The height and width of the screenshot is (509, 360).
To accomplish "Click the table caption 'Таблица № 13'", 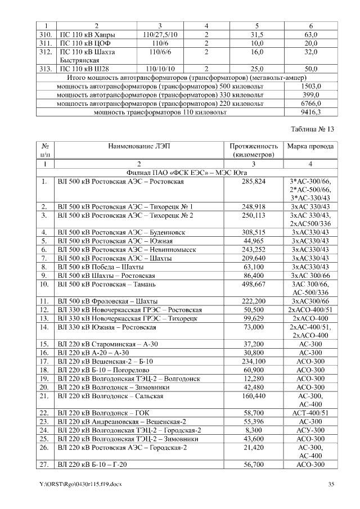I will coord(312,129).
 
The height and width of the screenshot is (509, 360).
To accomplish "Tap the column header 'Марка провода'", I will coord(310,146).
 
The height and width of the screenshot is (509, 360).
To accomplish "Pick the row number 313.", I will coord(47,69).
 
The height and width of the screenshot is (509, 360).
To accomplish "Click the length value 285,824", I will coord(253,182).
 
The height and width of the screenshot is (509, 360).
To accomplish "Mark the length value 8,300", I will coord(253,430).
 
